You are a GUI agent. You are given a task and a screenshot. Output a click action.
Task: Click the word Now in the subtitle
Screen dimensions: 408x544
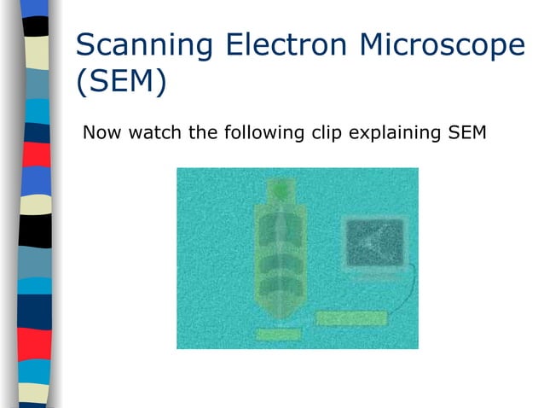tap(99, 133)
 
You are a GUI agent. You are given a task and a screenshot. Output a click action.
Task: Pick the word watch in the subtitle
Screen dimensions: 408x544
tap(151, 133)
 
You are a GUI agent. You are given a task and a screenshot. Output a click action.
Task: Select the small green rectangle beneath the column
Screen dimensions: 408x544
tap(278, 335)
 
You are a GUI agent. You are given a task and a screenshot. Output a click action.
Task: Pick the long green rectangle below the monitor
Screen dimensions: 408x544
tap(351, 318)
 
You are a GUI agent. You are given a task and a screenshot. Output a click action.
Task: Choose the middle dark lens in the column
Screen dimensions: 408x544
tap(279, 262)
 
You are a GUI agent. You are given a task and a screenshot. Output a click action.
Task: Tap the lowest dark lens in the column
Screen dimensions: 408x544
tap(279, 289)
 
